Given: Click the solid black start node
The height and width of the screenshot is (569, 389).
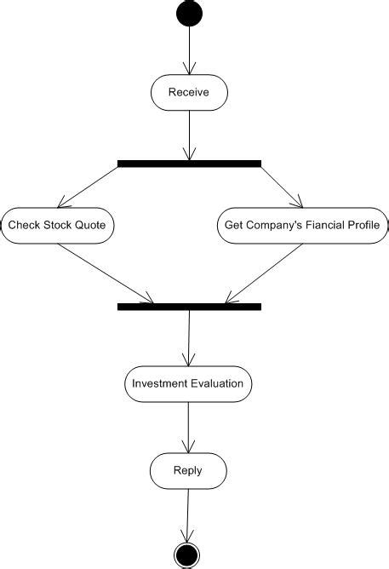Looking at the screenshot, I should point(189,14).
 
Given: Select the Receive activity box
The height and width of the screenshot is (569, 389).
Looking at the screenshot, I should point(189,93).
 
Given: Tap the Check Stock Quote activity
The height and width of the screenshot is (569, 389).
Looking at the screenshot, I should point(57,226).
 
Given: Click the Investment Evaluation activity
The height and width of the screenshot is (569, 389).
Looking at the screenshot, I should point(188,383).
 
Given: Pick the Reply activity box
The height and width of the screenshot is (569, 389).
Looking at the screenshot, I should point(188,470).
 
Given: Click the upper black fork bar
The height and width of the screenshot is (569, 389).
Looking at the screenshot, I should point(189,163).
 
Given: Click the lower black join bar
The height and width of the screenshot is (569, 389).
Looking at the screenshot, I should point(189,306).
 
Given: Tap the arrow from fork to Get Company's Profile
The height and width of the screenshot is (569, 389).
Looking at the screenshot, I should point(281,186).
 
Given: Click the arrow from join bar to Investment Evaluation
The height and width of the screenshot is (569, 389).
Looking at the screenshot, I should point(188,337).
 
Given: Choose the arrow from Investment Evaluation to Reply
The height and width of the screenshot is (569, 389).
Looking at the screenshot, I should point(188,426).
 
